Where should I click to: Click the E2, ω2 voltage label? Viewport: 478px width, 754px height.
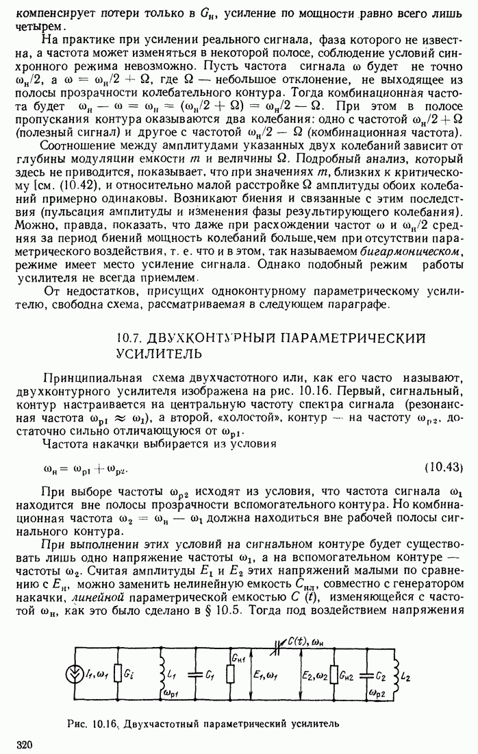(x=316, y=674)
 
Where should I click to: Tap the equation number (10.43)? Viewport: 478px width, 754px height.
(x=444, y=467)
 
